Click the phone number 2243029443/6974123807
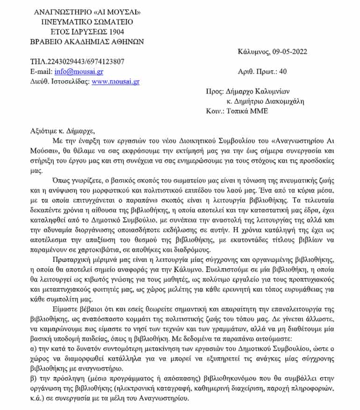(86, 61)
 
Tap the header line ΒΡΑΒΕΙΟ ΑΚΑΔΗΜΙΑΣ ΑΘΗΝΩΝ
(87, 41)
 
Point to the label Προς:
(215, 92)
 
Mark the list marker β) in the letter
(33, 377)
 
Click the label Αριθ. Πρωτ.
(257, 72)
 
